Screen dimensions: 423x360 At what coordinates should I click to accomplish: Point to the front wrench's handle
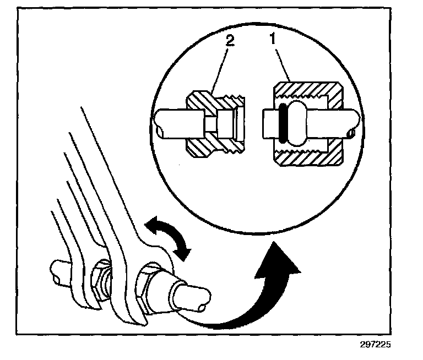tap(110, 165)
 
